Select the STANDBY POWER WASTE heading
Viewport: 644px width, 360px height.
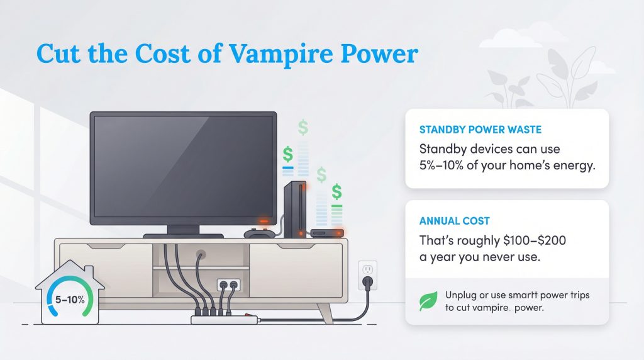[480, 130]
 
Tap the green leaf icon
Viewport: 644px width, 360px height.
[428, 301]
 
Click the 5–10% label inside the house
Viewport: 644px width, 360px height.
[69, 300]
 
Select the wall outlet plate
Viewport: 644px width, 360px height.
[367, 275]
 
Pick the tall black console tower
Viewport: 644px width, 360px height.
[295, 210]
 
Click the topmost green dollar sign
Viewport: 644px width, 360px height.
[304, 128]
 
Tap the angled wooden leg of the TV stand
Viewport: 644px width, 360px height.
[326, 312]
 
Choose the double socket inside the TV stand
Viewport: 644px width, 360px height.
[228, 285]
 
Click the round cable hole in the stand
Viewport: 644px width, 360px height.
[201, 256]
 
